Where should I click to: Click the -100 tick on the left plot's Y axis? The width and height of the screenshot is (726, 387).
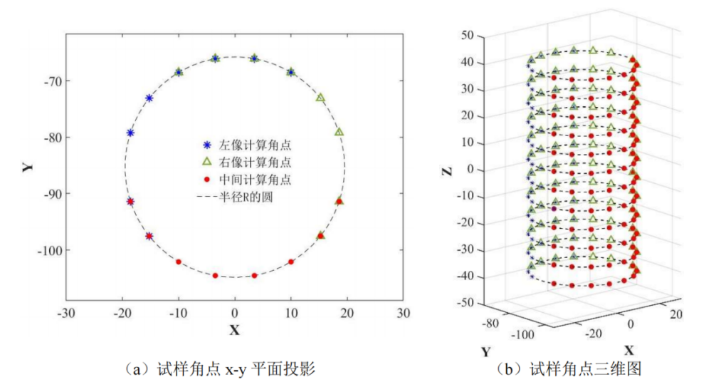pyautogui.click(x=48, y=250)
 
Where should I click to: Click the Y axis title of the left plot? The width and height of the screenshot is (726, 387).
pyautogui.click(x=27, y=165)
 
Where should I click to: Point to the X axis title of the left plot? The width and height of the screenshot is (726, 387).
pyautogui.click(x=234, y=330)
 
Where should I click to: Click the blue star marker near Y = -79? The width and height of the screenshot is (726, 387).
pyautogui.click(x=130, y=133)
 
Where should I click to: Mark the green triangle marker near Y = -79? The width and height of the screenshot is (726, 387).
pyautogui.click(x=339, y=132)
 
